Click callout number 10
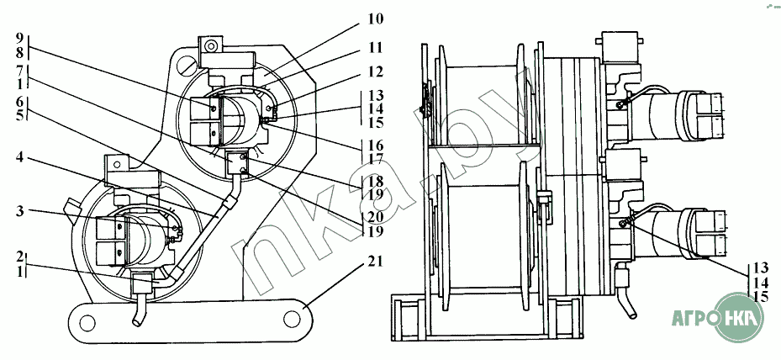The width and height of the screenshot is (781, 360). [x=376, y=20]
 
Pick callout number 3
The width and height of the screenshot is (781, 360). [x=19, y=211]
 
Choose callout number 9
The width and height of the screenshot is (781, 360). [x=19, y=38]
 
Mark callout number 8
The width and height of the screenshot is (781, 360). [x=19, y=52]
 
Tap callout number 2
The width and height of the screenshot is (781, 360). [x=19, y=257]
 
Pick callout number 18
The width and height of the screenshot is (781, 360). [x=372, y=181]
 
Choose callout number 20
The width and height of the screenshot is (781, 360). [x=372, y=216]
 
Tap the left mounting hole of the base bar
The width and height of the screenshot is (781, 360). [x=87, y=320]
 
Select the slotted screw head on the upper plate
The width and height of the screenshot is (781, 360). [x=187, y=65]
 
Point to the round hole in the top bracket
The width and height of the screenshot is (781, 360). [x=212, y=46]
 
